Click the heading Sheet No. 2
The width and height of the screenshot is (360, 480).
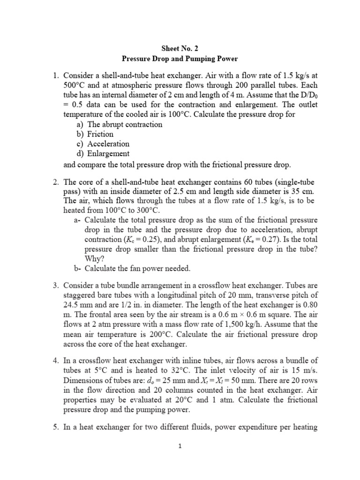180,47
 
